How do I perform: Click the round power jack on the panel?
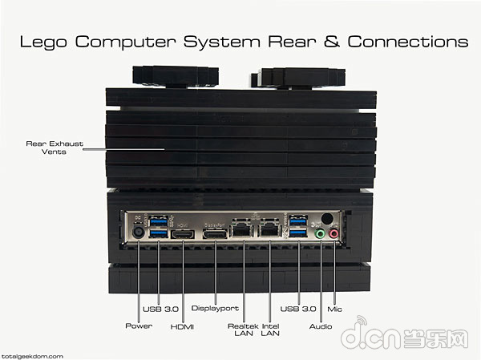(139, 232)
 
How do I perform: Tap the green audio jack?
(320, 234)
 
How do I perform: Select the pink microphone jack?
(333, 234)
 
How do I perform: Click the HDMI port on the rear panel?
(183, 234)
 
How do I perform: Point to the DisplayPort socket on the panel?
(215, 234)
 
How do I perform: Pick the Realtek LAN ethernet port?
(242, 229)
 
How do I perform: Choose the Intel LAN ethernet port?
(269, 229)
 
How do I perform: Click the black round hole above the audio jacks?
(327, 219)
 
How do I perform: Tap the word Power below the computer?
(139, 326)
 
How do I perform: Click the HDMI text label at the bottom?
(182, 327)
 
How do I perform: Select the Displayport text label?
(215, 308)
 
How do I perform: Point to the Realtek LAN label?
(243, 330)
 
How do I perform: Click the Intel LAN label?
(270, 330)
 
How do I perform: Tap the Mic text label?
(334, 309)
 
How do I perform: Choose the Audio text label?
(321, 326)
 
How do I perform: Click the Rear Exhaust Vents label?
(55, 148)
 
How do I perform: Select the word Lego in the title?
(43, 42)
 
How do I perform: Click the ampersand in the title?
(332, 41)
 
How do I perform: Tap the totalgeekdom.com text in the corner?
(32, 356)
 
